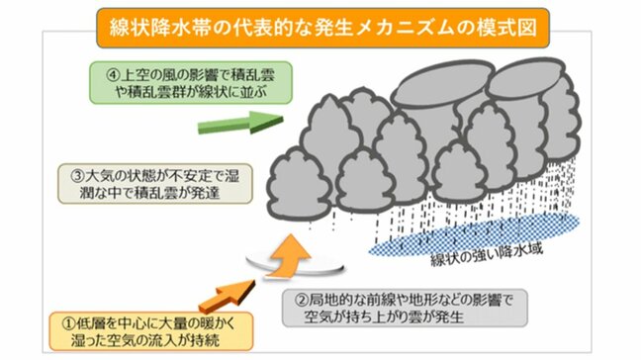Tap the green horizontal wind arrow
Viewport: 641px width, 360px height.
click(240, 123)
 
